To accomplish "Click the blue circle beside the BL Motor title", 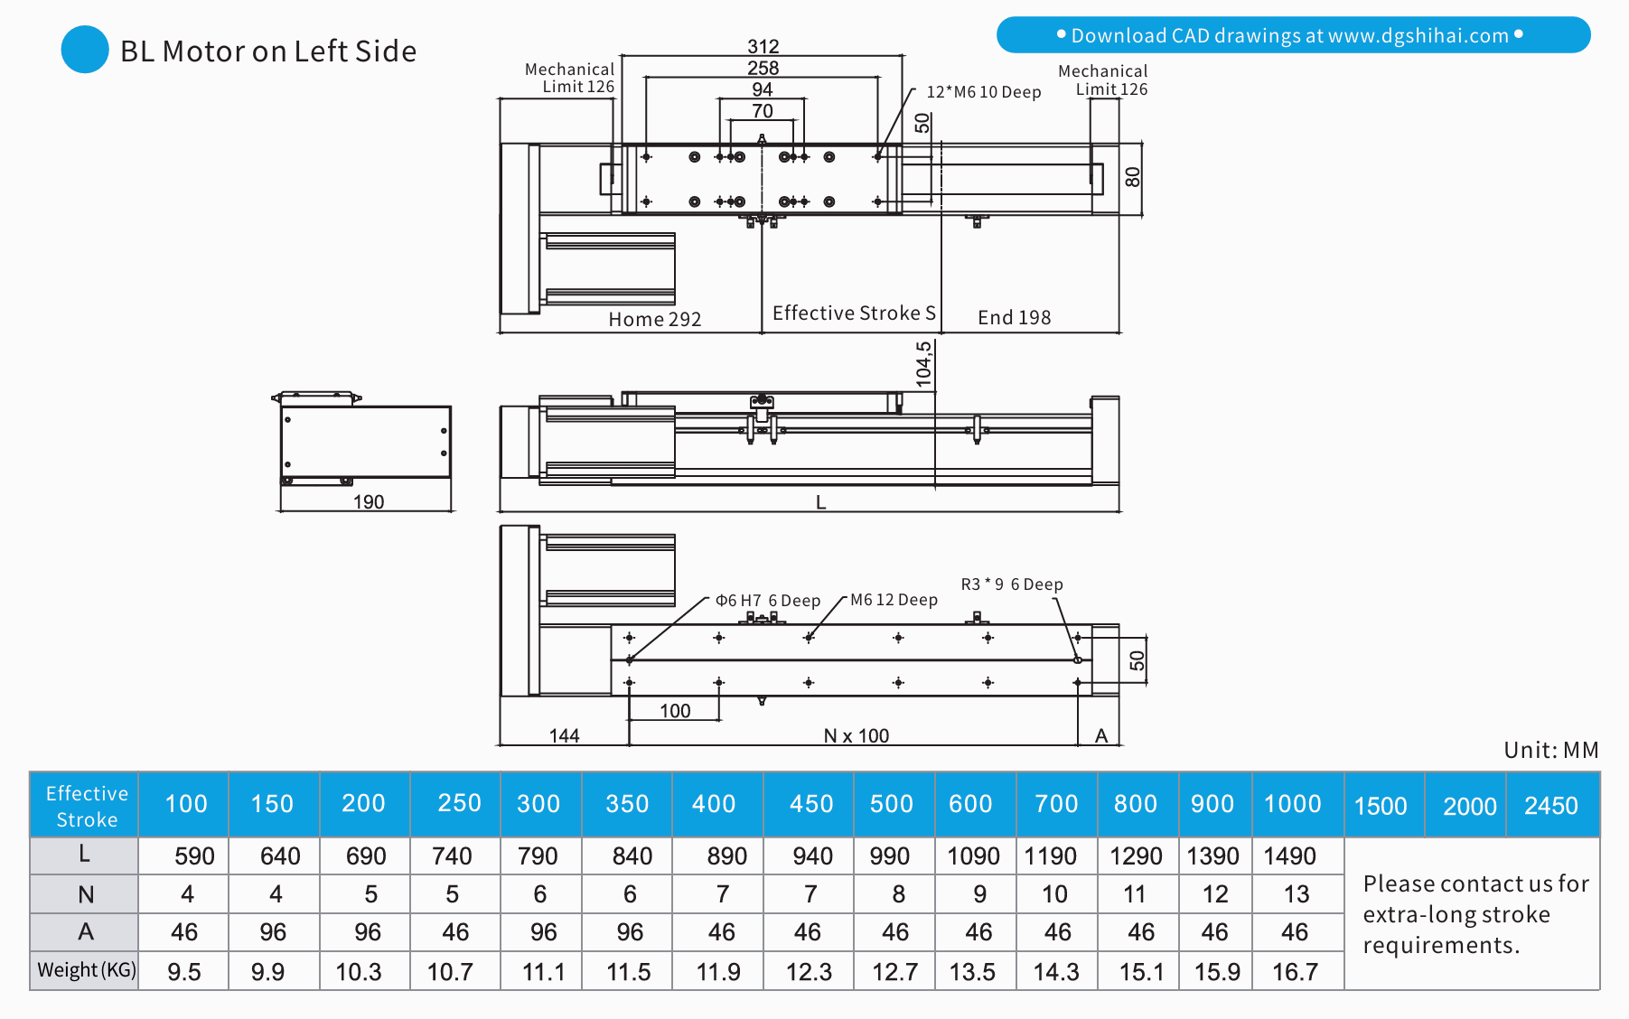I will (x=85, y=50).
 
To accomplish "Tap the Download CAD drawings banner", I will (x=1292, y=35).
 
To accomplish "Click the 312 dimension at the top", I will (x=763, y=47).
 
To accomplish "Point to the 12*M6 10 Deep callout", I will (x=983, y=92).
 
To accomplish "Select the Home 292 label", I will (x=654, y=319).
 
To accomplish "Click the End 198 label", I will (x=1014, y=317).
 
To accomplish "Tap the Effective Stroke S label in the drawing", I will (x=853, y=313).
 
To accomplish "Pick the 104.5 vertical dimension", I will (x=923, y=364).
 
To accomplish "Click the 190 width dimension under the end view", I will (x=368, y=501).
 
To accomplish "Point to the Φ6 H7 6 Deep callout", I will (x=767, y=601).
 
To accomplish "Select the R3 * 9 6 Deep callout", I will (x=1011, y=584).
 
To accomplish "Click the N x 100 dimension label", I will (x=856, y=736).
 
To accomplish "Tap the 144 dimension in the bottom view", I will (x=564, y=736).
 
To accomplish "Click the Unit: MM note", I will (x=1550, y=750).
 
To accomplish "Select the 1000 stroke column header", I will (x=1292, y=804).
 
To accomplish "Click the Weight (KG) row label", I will (x=86, y=970).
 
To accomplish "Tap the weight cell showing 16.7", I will (x=1295, y=972).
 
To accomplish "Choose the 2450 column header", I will (x=1550, y=806).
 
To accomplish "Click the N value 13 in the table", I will (x=1296, y=894).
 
